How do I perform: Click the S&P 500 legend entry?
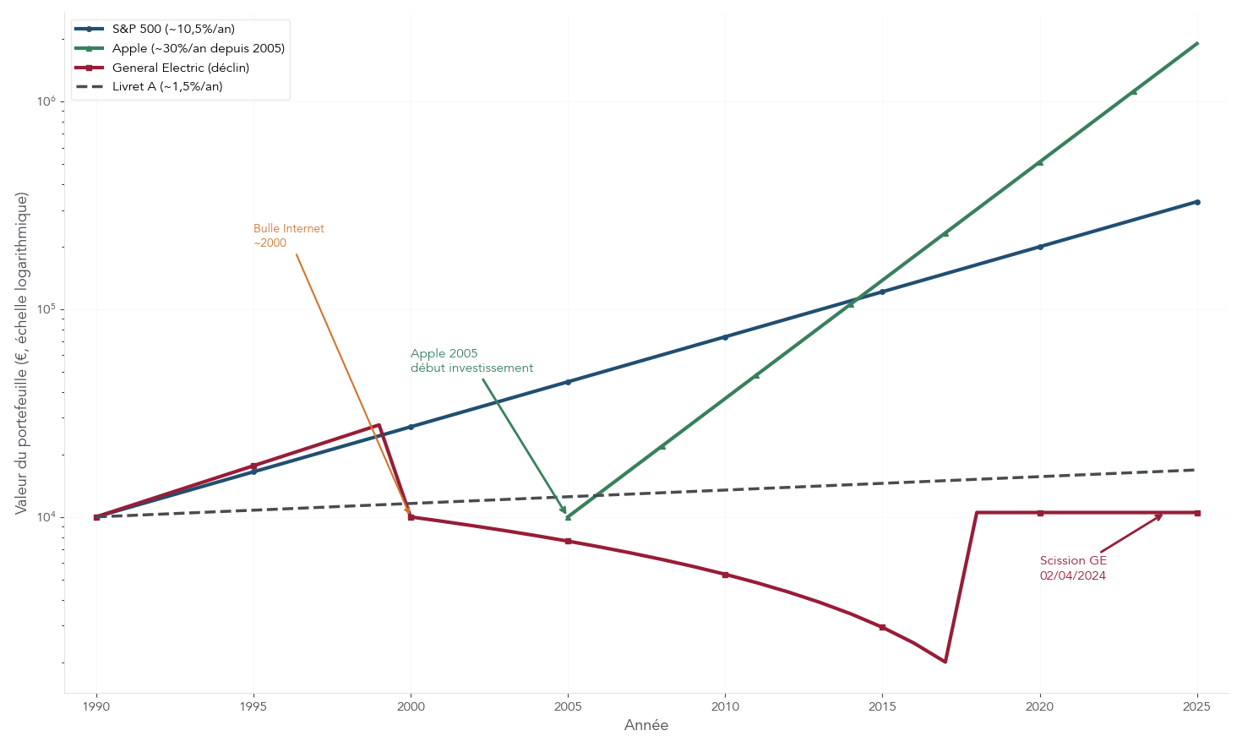(173, 29)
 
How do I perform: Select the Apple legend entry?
(198, 48)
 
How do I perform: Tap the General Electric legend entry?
(180, 68)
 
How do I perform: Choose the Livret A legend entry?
(167, 86)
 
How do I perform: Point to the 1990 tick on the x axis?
(96, 706)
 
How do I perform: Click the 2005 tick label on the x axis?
(568, 706)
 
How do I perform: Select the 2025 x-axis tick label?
(1196, 706)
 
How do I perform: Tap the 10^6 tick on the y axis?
(46, 101)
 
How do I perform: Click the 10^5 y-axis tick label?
(46, 309)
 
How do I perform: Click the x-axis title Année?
(646, 725)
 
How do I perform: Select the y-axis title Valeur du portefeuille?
(22, 353)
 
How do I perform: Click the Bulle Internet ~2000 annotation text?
(288, 236)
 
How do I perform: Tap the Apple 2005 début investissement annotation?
(471, 361)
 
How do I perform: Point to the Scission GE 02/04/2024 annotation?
(1072, 568)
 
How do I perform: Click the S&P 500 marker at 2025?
(1196, 202)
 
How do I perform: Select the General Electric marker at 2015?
(882, 627)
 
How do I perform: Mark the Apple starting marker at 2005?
(568, 517)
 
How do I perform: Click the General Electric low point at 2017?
(945, 662)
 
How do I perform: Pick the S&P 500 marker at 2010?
(725, 337)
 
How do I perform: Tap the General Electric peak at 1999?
(379, 425)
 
